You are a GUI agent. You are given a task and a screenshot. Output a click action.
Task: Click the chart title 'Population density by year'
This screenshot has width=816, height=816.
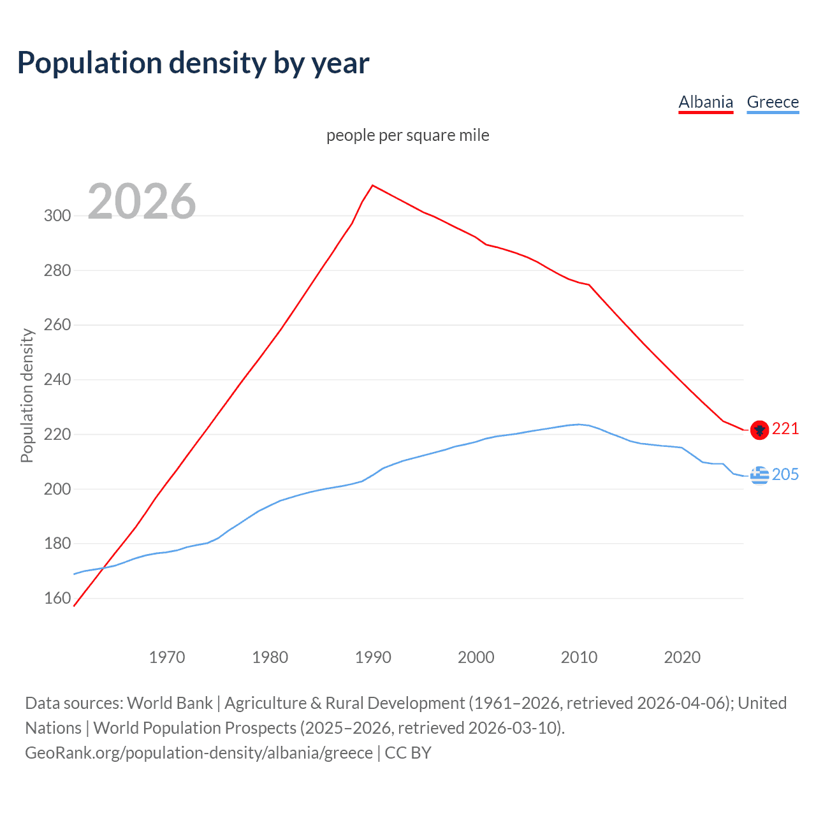pos(193,63)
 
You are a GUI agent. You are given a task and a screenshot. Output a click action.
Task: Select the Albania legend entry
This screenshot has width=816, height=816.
pos(706,102)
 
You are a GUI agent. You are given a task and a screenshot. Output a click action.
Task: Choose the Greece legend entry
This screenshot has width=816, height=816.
pos(773,102)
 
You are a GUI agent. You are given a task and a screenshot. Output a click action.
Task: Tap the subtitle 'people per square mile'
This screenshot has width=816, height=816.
pos(407,135)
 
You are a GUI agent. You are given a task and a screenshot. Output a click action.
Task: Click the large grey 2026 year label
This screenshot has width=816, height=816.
pos(142,201)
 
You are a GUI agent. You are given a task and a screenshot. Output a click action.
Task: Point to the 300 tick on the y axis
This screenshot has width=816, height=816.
pos(57,215)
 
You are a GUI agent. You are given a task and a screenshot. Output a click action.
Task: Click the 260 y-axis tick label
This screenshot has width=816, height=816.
pos(57,325)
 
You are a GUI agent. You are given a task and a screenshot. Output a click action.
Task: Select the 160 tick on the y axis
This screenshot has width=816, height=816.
pos(57,599)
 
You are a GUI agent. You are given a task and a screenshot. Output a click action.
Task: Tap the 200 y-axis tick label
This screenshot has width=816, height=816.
pos(57,489)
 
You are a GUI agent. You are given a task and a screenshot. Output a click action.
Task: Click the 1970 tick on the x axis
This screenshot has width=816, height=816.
pos(167,657)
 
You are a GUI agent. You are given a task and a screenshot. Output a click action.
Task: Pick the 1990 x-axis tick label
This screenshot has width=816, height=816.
pos(373,657)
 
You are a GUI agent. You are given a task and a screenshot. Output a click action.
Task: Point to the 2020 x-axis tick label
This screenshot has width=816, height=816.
pos(682,657)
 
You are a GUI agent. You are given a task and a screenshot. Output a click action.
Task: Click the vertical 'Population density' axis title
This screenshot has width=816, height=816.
pos(27,395)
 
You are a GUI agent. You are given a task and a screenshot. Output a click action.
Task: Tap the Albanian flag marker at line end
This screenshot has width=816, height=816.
pos(759,430)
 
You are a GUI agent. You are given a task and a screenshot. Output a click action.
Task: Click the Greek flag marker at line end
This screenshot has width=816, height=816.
pos(759,475)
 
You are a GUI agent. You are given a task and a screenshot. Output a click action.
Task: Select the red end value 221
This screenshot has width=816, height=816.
pos(785,429)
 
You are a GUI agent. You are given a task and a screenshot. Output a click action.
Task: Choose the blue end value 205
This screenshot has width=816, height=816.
pos(785,475)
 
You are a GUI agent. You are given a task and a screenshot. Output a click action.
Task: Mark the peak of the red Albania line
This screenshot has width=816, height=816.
pos(373,186)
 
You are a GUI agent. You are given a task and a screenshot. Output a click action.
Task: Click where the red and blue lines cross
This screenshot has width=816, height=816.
pos(104,567)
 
